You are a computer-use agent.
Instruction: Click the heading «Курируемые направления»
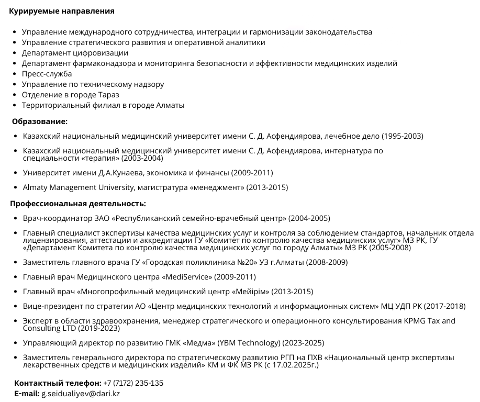click(x=62, y=11)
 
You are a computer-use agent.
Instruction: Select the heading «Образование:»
click(x=40, y=121)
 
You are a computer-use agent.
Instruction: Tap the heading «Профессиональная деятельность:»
click(x=78, y=204)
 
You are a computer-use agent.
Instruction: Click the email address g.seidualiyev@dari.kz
click(x=81, y=394)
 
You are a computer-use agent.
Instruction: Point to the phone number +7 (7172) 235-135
click(x=133, y=383)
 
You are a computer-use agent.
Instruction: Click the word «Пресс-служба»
click(x=47, y=74)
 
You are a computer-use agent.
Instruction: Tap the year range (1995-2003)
click(x=402, y=136)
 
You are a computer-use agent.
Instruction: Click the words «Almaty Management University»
click(x=76, y=187)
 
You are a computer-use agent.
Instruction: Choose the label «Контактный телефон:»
click(x=58, y=383)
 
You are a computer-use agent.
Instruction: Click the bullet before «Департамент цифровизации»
click(x=14, y=53)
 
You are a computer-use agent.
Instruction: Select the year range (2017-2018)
click(x=445, y=306)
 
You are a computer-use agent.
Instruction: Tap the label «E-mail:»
click(x=27, y=394)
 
